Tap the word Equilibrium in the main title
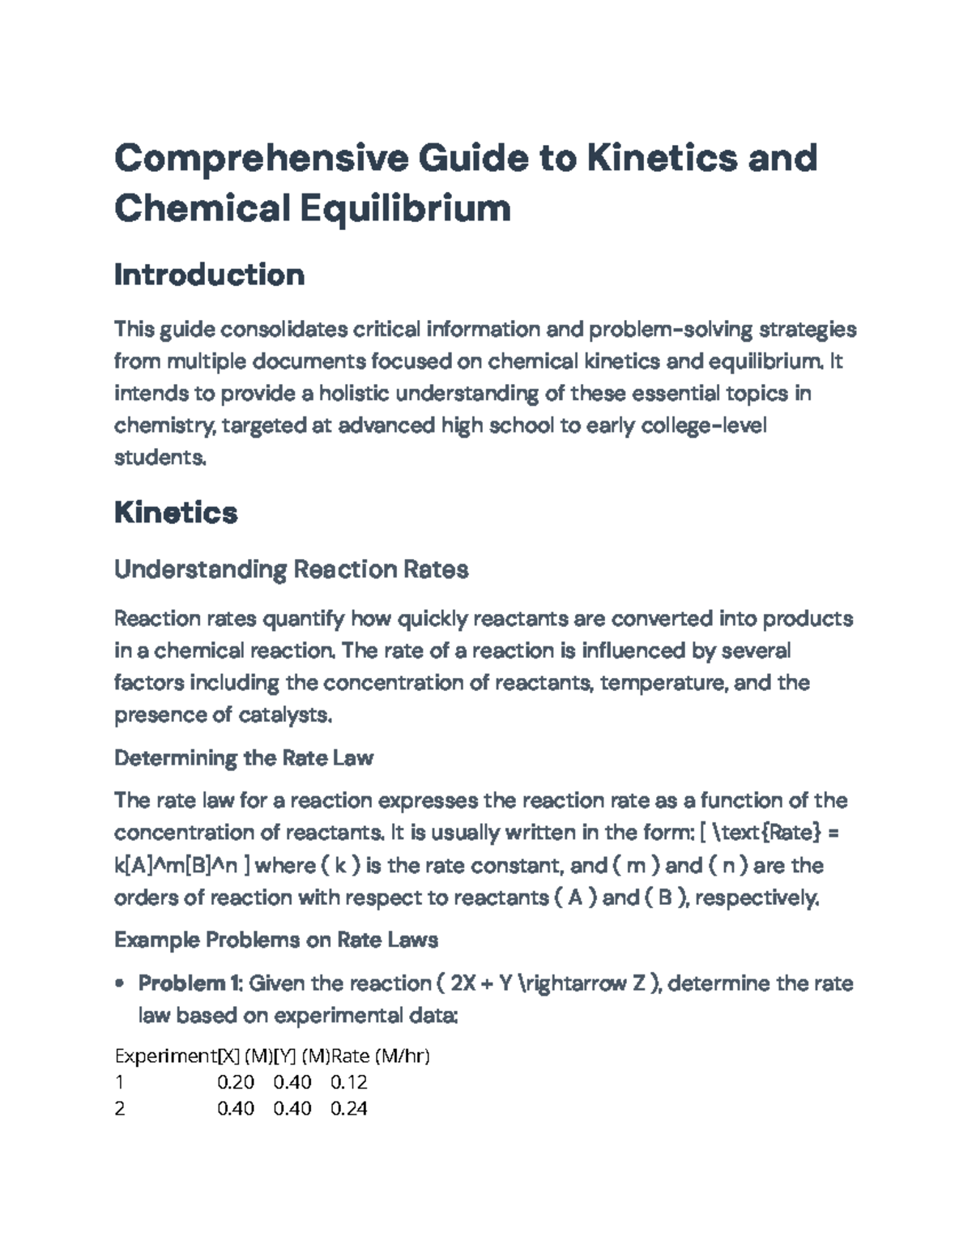406,208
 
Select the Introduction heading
209,275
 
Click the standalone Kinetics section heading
176,513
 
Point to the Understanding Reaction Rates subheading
291,570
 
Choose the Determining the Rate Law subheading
243,758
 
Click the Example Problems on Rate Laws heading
275,940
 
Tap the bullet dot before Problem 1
120,984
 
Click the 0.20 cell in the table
235,1082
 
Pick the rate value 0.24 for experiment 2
349,1108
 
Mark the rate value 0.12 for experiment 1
349,1082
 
